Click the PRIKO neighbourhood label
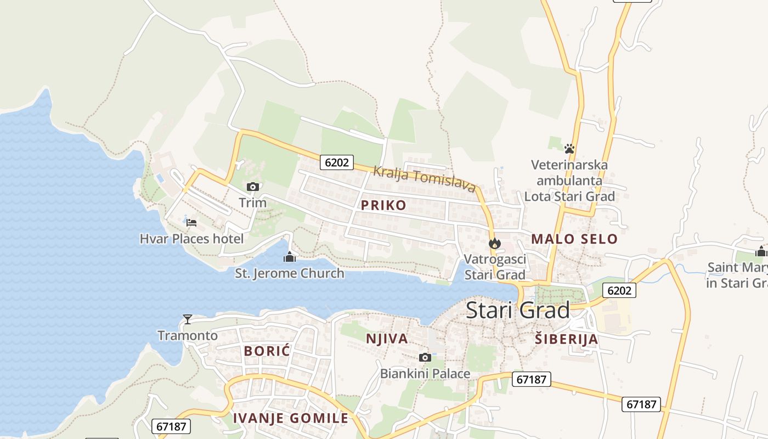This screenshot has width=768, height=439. pos(383,205)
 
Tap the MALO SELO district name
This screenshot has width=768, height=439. pos(574,239)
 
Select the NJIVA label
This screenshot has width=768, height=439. pos(387,339)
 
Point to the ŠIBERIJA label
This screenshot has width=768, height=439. pos(566,339)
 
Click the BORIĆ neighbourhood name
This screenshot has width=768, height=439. pos(267,351)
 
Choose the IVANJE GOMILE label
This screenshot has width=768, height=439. pos(291,418)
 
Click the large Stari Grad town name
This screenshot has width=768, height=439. pos(518,311)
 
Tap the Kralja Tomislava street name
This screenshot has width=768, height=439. pos(424,178)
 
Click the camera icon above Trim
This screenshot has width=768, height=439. pos(253,187)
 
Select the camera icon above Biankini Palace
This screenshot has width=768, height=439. pos(425,358)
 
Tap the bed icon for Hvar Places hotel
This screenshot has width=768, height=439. pos(191,222)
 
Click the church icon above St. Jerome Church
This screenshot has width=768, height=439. pos(289,257)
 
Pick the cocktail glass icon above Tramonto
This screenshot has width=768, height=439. pos(188,319)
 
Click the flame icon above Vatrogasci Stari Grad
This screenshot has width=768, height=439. pos(495,243)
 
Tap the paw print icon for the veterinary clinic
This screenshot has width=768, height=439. pos(569,148)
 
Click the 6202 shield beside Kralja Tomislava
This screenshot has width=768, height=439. pos(336,162)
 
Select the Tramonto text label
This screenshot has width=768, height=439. pos(188,335)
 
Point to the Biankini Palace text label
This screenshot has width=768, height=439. pos(425,374)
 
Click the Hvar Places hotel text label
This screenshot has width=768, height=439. pos(191,239)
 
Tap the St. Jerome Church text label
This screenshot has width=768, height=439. pos(289,273)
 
